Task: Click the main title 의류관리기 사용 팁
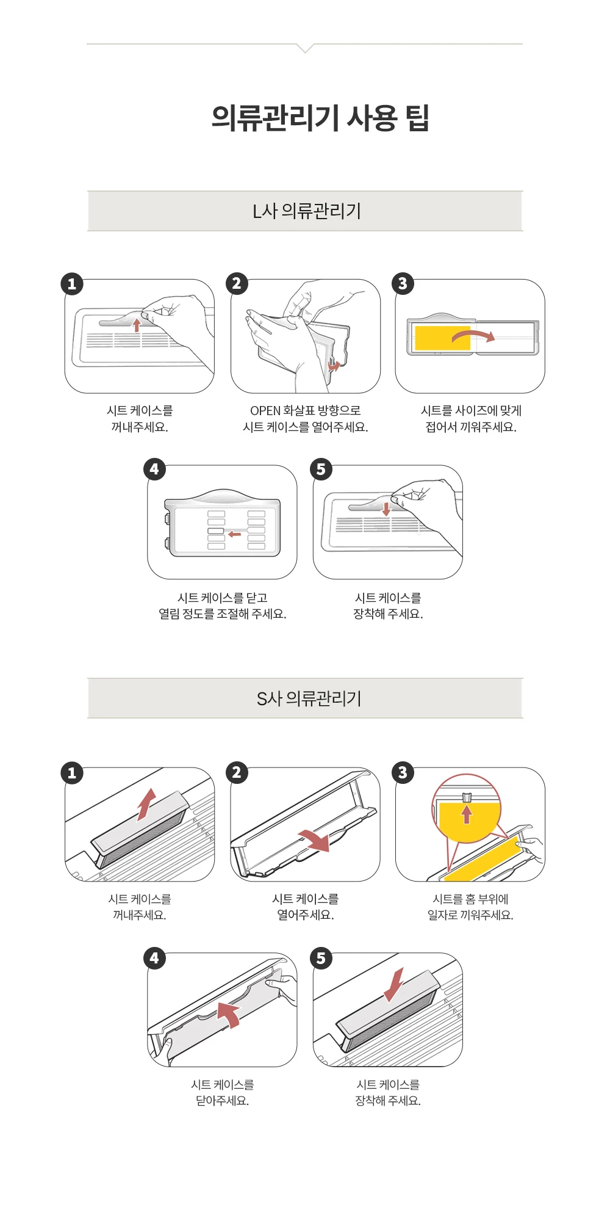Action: coord(320,118)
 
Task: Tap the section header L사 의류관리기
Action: coord(307,211)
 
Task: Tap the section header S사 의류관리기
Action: coord(309,698)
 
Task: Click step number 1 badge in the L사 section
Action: coord(72,284)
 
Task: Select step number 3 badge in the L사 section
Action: coord(403,284)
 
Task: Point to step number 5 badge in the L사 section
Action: coord(321,469)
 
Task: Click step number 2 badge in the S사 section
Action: coord(237,773)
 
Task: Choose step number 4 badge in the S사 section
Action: coord(154,959)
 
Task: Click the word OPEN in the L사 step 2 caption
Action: coord(265,410)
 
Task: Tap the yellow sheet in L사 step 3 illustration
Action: coord(442,338)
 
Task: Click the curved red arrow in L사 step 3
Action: coord(473,334)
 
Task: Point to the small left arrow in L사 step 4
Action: coord(234,534)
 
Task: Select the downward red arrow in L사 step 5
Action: coord(386,509)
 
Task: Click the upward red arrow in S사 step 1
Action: coord(146,805)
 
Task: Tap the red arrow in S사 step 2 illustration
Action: coord(315,841)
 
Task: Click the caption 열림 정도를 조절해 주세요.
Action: coord(223,614)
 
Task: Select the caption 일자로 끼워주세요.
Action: coord(470,915)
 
